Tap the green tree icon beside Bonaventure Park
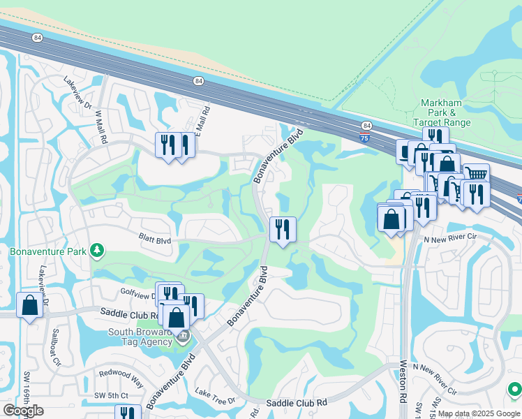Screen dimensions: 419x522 pos(97,250)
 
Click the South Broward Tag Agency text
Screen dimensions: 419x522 pos(140,337)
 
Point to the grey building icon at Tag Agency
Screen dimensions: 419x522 pos(183,337)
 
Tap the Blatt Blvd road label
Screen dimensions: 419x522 pos(154,241)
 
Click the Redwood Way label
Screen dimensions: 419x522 pos(121,384)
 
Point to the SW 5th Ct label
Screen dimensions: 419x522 pos(112,396)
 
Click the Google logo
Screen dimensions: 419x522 pos(23,411)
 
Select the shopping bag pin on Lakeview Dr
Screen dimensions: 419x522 pos(30,307)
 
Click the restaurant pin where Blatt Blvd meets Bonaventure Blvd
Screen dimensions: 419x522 pos(283,230)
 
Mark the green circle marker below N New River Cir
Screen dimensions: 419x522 pos(515,389)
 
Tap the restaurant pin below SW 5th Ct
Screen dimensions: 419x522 pos(128,413)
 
